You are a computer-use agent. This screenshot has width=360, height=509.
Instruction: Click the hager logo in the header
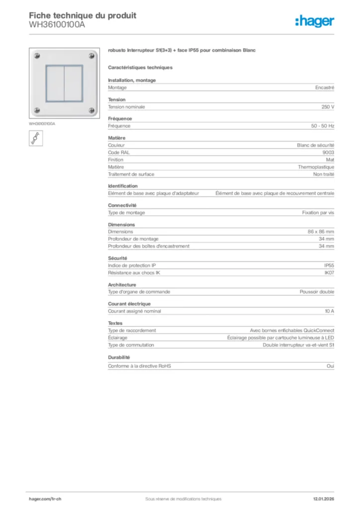[x=314, y=21]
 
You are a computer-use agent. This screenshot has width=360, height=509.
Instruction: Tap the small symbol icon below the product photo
[x=36, y=138]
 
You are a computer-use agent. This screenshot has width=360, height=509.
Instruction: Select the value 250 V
[x=328, y=107]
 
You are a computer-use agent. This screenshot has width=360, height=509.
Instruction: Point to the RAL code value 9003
[x=328, y=153]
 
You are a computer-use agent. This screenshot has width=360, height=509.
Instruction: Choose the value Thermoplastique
[x=316, y=167]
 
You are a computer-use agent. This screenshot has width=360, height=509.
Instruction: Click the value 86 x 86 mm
[x=321, y=232]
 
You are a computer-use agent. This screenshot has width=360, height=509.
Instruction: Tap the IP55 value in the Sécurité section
[x=329, y=265]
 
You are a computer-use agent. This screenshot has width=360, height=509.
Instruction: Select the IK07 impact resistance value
[x=329, y=273]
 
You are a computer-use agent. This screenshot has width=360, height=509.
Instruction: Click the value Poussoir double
[x=317, y=292]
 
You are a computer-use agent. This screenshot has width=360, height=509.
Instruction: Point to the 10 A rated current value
[x=329, y=311]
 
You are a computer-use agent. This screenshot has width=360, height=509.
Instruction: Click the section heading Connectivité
[x=122, y=205]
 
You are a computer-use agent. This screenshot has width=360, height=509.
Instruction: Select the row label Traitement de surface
[x=131, y=174]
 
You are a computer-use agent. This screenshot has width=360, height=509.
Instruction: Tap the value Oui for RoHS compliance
[x=331, y=366]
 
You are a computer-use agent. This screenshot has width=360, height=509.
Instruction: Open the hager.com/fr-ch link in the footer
[x=44, y=499]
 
